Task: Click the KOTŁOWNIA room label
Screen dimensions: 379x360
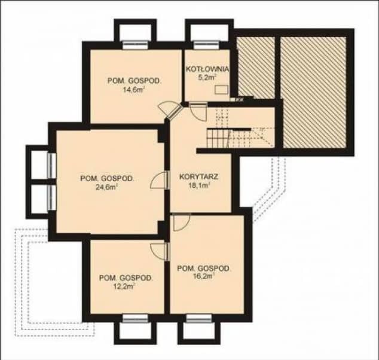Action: click(x=207, y=69)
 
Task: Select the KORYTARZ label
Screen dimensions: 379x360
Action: click(x=199, y=176)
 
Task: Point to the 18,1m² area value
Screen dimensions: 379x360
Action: click(x=200, y=186)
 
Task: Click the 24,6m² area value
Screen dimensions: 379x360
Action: click(x=106, y=187)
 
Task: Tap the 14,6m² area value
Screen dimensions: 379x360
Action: click(x=134, y=90)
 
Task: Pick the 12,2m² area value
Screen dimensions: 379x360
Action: click(x=124, y=286)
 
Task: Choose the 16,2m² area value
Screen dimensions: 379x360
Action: click(x=203, y=276)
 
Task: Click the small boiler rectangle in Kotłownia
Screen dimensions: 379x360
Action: click(x=221, y=89)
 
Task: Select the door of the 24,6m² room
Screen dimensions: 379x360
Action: click(x=160, y=180)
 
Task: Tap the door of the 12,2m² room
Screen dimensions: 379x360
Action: click(x=160, y=251)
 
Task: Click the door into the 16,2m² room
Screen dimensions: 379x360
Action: click(x=182, y=222)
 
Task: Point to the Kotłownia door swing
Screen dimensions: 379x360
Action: click(x=198, y=111)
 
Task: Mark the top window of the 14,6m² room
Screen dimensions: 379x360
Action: click(x=135, y=45)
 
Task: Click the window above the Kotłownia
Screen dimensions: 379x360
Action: click(x=206, y=45)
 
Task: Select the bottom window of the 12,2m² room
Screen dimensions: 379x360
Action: click(x=135, y=318)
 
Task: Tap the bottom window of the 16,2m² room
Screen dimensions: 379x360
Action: click(x=199, y=318)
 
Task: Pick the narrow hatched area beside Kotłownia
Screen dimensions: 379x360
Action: click(x=256, y=68)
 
